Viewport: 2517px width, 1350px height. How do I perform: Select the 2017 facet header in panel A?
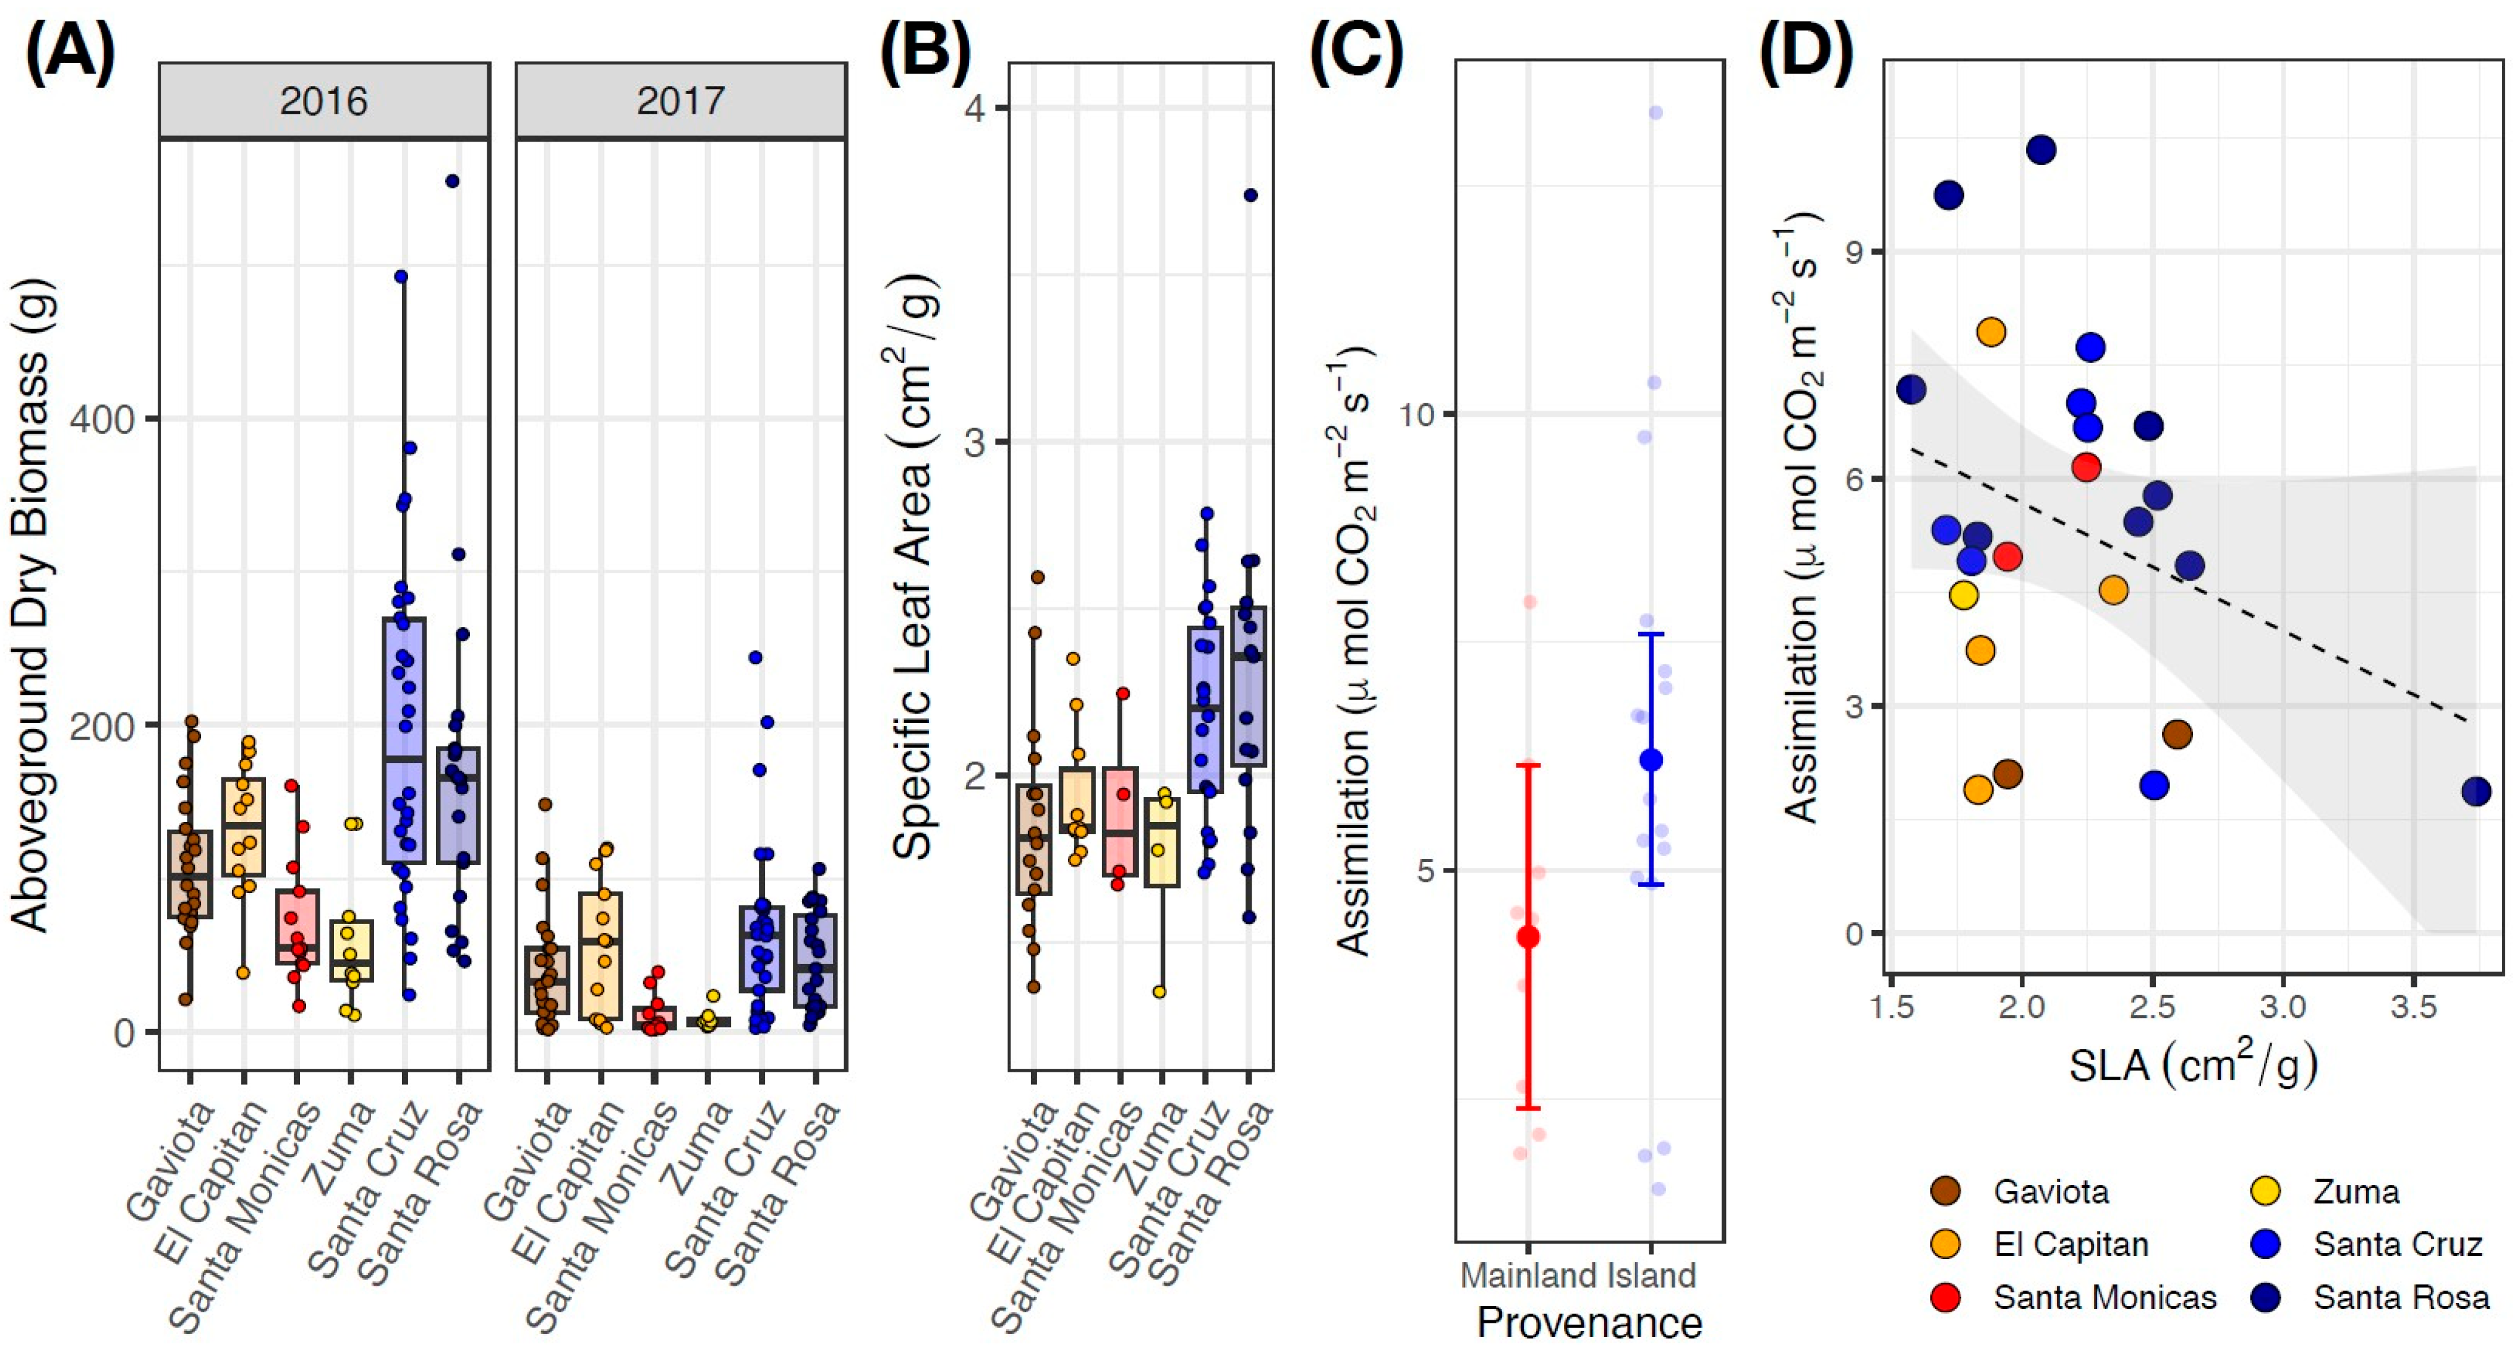click(680, 101)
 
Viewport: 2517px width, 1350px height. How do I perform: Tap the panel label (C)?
click(1356, 51)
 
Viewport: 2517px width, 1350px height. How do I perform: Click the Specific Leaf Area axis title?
click(913, 566)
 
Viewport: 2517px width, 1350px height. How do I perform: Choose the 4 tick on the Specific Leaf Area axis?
click(973, 108)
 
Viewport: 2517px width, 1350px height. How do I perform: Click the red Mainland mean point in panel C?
click(1528, 938)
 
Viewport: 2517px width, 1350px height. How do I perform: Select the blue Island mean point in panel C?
click(1651, 760)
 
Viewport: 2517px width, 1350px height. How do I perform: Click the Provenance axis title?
click(1590, 1323)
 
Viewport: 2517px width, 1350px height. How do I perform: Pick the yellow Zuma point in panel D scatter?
click(1963, 595)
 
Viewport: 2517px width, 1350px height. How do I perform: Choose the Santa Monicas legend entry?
click(2105, 1297)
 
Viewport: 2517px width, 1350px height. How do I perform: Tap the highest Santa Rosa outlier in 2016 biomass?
click(453, 181)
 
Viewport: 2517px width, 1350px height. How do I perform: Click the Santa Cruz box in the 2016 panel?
click(404, 740)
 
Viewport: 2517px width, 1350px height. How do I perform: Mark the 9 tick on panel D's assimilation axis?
click(1853, 252)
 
